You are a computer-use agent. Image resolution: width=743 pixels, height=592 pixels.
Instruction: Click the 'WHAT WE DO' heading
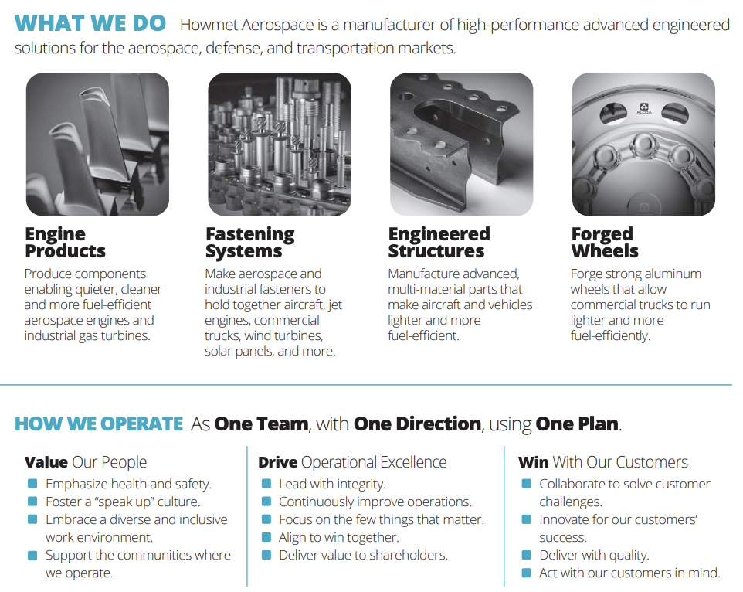pos(90,23)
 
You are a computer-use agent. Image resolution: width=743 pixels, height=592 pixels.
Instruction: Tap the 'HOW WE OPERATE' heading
pos(99,424)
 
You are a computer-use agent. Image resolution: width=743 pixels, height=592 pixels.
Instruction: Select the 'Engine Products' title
pos(65,243)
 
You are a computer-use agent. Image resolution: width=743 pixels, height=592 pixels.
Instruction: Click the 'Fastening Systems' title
pos(249,243)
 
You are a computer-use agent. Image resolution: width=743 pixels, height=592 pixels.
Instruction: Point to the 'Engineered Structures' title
pos(439,243)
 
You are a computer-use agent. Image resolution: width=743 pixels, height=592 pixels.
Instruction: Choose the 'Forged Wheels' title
pos(605,243)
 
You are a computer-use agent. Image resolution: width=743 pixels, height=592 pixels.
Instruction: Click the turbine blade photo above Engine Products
pos(97,145)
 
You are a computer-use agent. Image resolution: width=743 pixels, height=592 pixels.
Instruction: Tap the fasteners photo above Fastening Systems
pos(279,145)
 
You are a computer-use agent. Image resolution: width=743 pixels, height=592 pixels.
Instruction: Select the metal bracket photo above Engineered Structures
pos(461,145)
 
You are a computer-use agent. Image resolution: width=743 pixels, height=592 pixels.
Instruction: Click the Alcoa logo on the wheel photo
pos(644,109)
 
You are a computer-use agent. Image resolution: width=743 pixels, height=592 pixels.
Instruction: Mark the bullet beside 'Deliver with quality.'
pos(526,555)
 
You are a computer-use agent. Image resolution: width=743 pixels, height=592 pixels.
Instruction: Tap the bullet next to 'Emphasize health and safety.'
pos(32,484)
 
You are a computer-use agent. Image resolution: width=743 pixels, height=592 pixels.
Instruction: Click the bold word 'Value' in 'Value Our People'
pos(46,462)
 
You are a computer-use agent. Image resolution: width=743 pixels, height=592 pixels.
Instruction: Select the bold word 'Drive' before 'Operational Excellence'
pos(277,462)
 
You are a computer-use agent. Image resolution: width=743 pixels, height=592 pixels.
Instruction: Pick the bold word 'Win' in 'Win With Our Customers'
pos(533,462)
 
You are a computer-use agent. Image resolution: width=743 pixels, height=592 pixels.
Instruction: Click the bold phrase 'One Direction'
pos(417,424)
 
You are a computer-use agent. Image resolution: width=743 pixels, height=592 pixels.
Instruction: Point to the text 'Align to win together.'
pos(338,537)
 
